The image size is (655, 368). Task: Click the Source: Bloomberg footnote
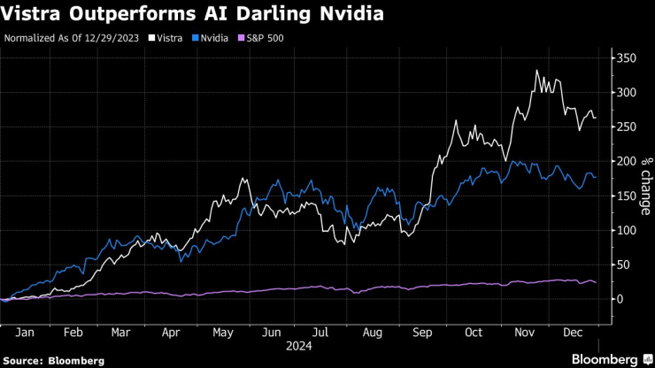pos(55,361)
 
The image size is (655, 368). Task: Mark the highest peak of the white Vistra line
pos(536,71)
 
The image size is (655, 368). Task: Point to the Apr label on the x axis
pos(171,333)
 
